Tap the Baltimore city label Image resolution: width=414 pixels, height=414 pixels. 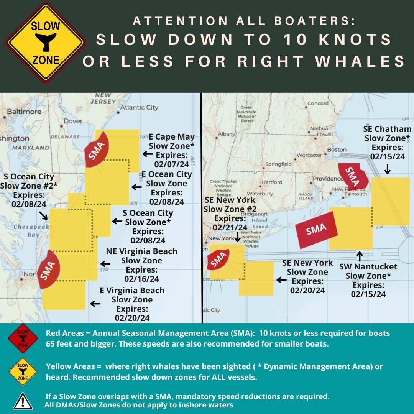(x=24, y=112)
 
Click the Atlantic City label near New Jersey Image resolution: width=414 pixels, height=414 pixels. (x=139, y=107)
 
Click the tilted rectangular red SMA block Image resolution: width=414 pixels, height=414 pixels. (x=317, y=229)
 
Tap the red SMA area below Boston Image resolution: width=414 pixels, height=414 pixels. (x=353, y=176)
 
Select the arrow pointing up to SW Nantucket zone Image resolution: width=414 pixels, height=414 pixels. (x=360, y=256)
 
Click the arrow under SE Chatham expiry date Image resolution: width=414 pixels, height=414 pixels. (x=387, y=169)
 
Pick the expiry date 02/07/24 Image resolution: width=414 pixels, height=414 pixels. (x=171, y=164)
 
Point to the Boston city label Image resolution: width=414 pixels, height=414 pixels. (x=337, y=149)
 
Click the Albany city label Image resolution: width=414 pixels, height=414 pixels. (x=226, y=134)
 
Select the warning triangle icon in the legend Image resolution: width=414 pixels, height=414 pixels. (x=23, y=401)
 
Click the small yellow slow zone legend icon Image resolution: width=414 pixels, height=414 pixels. (x=23, y=371)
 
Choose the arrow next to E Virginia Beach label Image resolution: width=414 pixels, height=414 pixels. (x=95, y=304)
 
